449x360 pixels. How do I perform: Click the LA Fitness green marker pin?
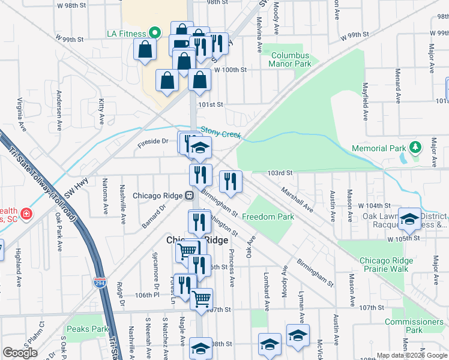click(154, 32)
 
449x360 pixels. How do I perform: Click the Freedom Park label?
click(268, 217)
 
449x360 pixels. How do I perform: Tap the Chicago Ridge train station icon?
click(188, 195)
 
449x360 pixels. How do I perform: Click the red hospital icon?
click(26, 214)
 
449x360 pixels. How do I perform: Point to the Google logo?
click(20, 353)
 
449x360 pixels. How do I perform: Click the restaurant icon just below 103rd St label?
click(231, 179)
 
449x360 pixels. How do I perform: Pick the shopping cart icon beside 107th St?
click(201, 298)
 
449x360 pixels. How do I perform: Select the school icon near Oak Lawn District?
click(409, 220)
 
